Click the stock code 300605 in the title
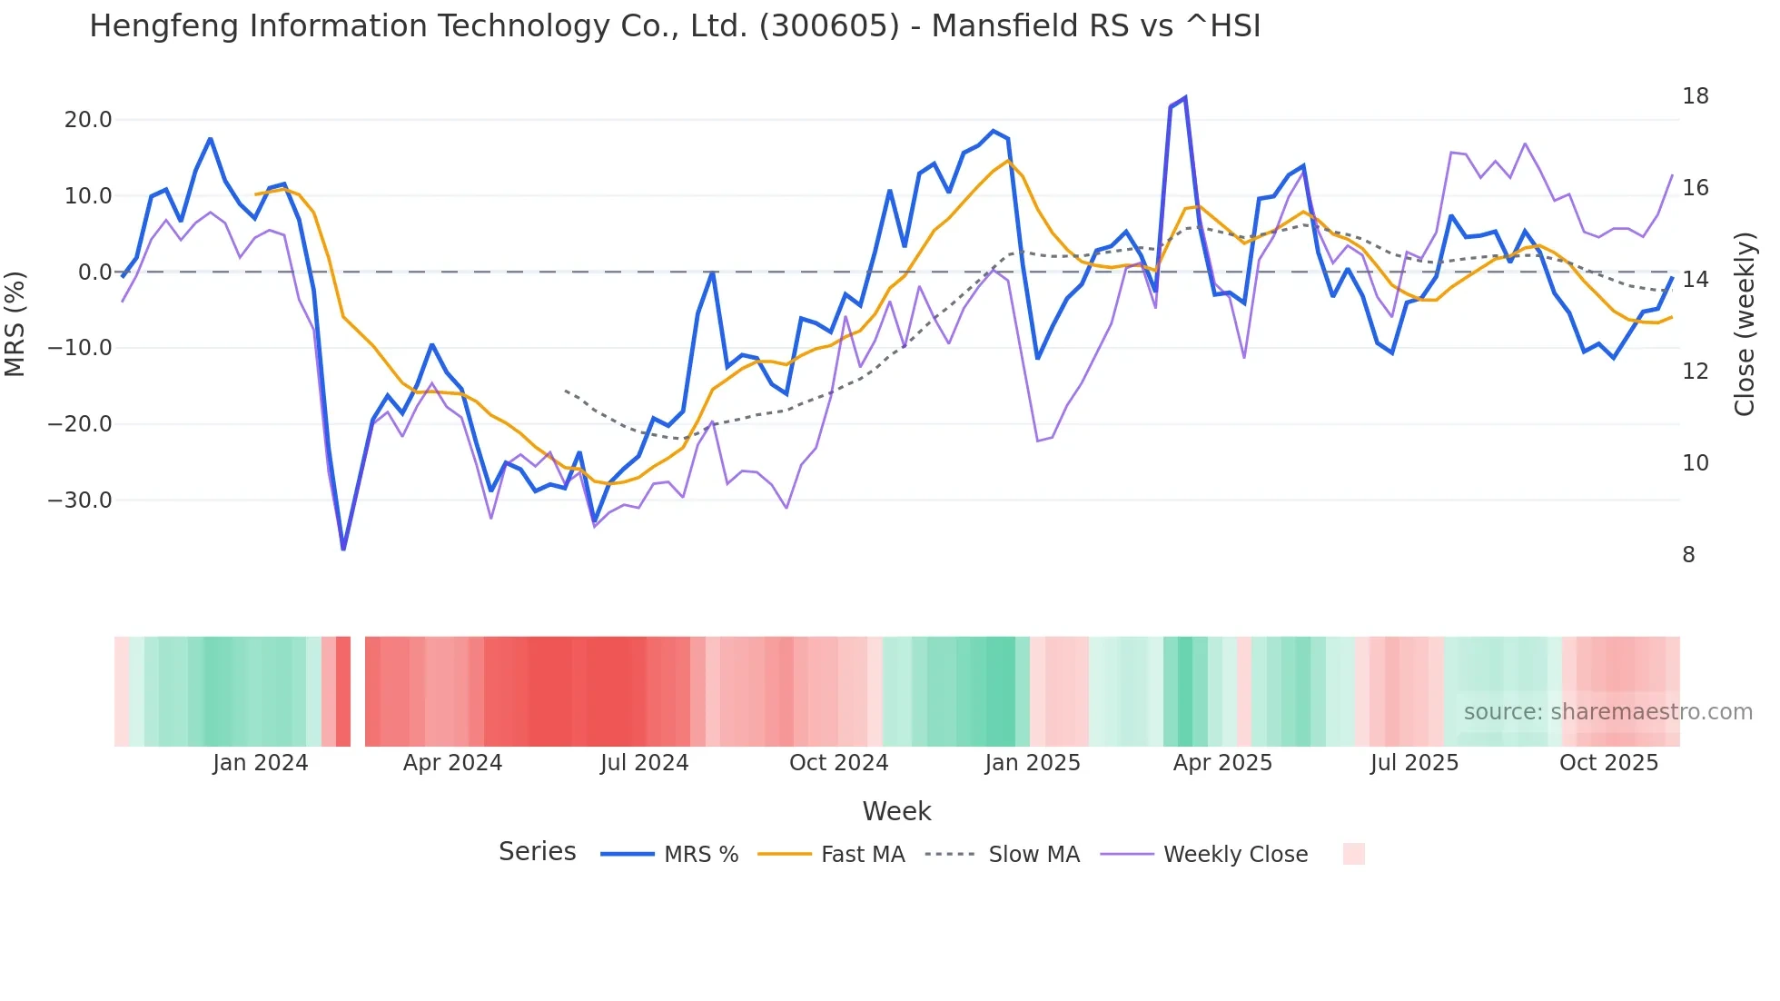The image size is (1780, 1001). pos(829,26)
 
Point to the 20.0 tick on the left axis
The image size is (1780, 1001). pos(88,120)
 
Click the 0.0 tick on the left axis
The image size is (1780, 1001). pos(94,273)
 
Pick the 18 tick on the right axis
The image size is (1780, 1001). pos(1695,96)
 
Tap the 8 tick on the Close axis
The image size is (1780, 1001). pos(1688,555)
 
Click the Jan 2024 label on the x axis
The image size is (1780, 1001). pos(261,763)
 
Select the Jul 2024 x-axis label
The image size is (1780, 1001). pos(644,763)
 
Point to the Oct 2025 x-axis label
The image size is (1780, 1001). pos(1608,763)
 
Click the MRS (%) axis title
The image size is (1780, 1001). pos(15,323)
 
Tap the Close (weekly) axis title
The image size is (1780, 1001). pos(1745,324)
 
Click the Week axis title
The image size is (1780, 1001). pos(896,811)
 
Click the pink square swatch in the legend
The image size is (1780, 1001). pos(1353,854)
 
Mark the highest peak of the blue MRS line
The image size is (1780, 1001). pos(1184,98)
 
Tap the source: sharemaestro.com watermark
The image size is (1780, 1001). pos(1607,712)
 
